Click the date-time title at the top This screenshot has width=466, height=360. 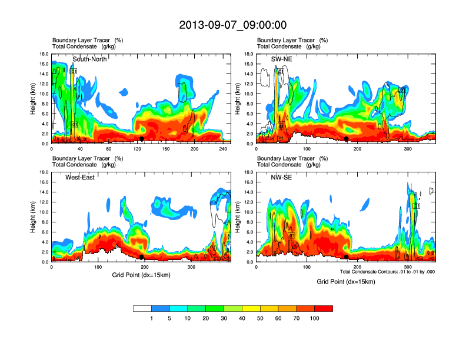pos(233,25)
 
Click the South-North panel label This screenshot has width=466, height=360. pos(89,59)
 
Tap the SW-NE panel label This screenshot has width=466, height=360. pos(281,59)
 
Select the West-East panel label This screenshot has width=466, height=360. pos(82,177)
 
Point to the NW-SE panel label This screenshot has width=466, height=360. pos(281,177)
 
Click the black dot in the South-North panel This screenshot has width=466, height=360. pos(142,139)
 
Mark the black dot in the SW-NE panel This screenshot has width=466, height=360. pos(347,139)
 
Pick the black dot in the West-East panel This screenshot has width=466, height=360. pos(142,257)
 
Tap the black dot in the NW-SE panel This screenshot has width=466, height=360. pos(347,257)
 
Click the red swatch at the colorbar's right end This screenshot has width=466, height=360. pos(324,308)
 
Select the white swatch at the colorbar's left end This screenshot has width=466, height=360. pos(142,308)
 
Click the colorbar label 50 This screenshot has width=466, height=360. pos(260,318)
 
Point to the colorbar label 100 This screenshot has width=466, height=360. pos(315,318)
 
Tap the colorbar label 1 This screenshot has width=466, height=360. pos(152,318)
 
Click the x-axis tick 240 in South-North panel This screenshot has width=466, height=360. pos(222,149)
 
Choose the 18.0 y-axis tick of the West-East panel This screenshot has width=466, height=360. pos(44,172)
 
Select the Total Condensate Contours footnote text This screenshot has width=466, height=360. pos(387,272)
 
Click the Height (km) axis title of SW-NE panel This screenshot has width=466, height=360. pos(238,98)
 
